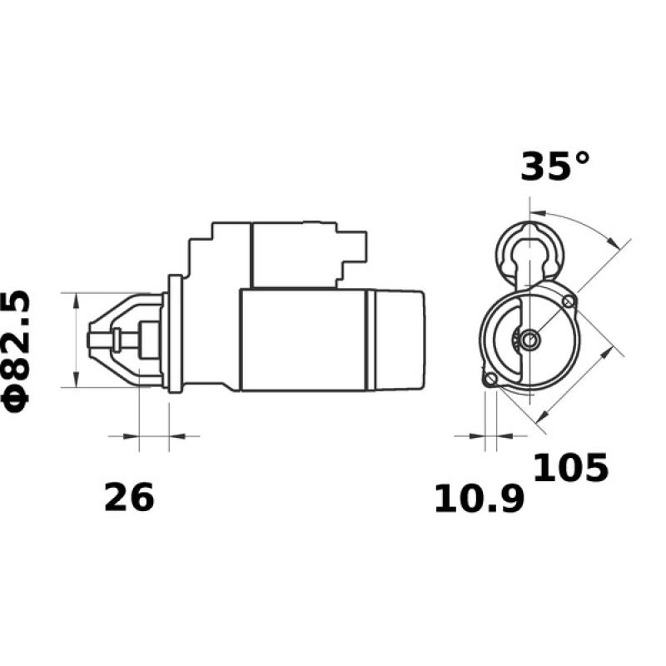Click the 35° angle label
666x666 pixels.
tap(554, 166)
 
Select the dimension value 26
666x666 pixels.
tap(129, 498)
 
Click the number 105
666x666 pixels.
tap(570, 469)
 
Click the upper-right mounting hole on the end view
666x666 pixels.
tap(569, 301)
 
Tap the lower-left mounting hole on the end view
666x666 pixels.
tap(491, 380)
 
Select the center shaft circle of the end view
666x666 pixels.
tap(530, 339)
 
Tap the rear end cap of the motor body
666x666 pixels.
tap(400, 340)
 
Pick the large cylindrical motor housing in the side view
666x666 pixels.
tap(304, 340)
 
